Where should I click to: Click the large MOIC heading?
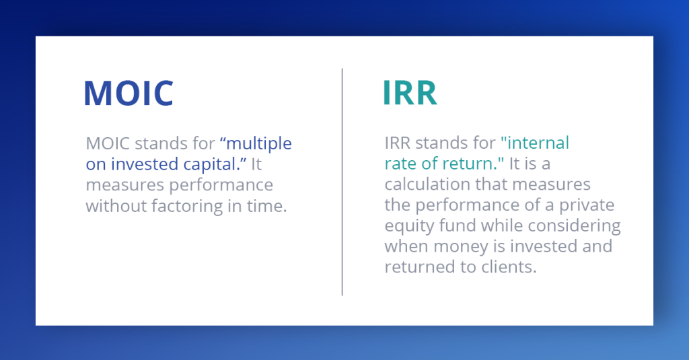coord(128,94)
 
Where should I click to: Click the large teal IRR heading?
coord(410,94)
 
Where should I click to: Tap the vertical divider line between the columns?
coord(342,181)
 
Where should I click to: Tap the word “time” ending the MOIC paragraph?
coord(269,205)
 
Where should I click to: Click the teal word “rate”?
coord(400,164)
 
